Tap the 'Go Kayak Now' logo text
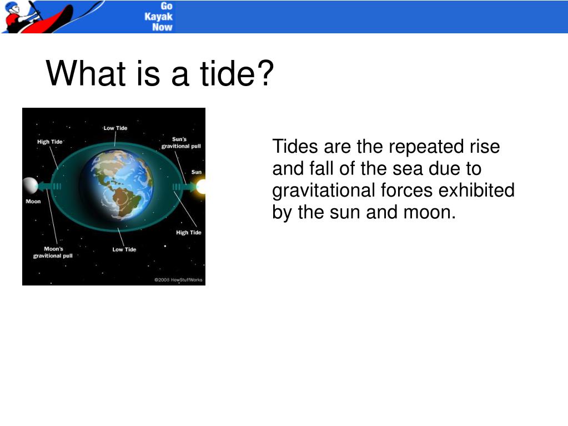[x=159, y=17]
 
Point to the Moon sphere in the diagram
[x=29, y=186]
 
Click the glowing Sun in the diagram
[x=200, y=186]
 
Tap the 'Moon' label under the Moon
[x=33, y=201]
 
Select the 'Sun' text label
[x=197, y=172]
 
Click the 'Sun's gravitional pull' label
[x=181, y=143]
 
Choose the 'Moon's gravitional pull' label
[x=53, y=252]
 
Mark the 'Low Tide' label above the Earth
[x=115, y=128]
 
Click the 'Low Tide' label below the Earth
[x=124, y=249]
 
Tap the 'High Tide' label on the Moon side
[x=50, y=142]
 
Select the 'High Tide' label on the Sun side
[x=189, y=232]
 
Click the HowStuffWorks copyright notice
[x=179, y=280]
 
